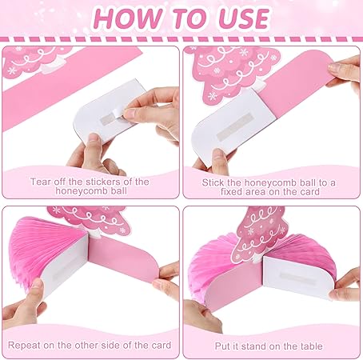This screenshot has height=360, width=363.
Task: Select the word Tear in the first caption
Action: (40, 182)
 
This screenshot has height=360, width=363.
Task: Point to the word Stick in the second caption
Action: (213, 182)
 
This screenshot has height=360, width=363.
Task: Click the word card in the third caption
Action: (162, 345)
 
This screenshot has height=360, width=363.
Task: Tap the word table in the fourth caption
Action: (312, 346)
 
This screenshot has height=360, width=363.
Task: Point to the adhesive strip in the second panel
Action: (234, 126)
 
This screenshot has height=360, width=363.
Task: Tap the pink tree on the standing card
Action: (259, 235)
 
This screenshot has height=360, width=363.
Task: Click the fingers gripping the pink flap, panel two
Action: (345, 74)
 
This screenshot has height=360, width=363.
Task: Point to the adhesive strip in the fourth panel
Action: (297, 278)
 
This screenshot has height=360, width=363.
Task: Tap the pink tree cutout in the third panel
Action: (90, 219)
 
